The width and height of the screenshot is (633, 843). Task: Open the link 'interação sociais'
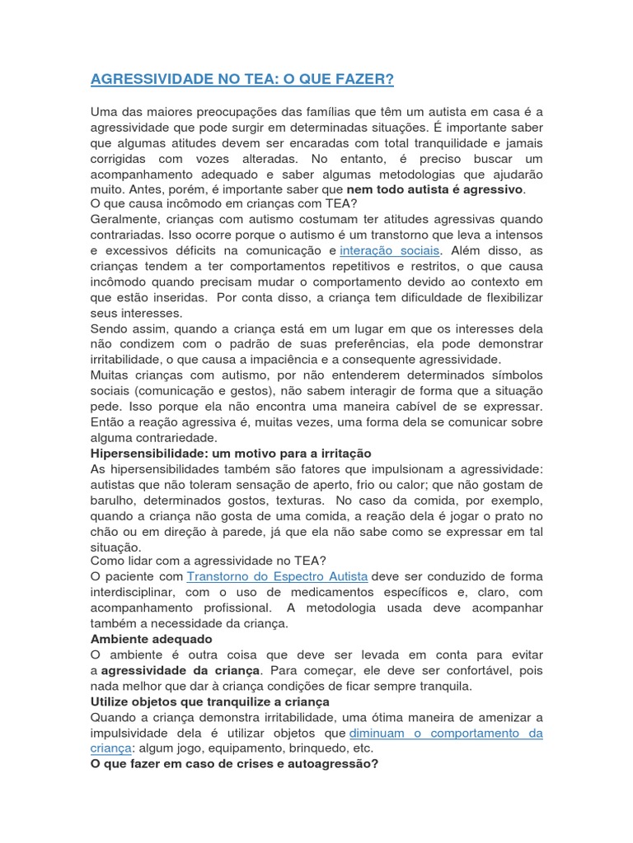[x=391, y=249]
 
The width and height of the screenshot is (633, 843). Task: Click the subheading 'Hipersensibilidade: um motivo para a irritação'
[x=230, y=454]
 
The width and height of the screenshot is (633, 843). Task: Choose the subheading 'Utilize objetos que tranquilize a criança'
[x=209, y=701]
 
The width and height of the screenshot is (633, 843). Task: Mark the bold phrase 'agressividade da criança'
[x=180, y=670]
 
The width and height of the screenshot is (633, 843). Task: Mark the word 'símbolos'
[x=518, y=375]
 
